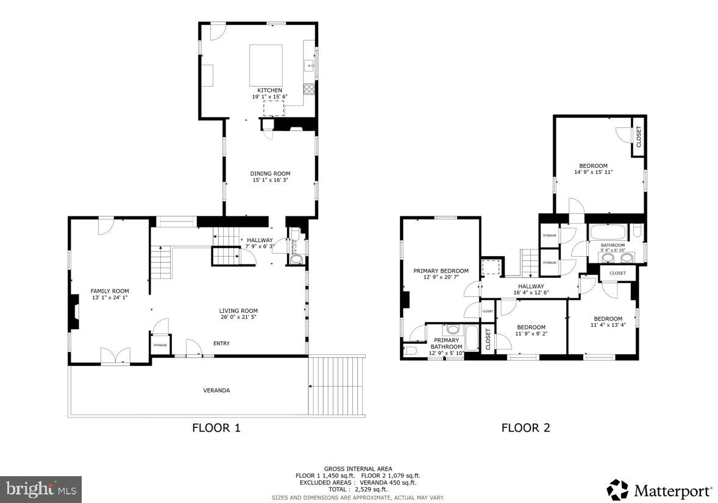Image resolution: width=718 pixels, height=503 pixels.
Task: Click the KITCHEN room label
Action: click(269, 90)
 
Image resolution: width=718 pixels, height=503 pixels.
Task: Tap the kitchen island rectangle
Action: click(266, 65)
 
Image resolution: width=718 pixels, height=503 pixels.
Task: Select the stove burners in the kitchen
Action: click(309, 90)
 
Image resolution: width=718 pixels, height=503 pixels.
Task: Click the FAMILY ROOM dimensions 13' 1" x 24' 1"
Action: click(110, 298)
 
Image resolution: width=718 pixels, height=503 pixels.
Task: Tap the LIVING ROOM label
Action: click(238, 310)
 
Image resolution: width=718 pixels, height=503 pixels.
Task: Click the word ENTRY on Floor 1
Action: click(221, 343)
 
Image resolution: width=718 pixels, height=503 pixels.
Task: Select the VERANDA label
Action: click(216, 390)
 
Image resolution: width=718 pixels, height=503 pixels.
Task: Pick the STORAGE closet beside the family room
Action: click(160, 345)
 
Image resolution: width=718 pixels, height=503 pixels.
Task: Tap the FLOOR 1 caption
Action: click(216, 428)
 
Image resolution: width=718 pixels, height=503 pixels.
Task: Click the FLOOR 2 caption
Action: click(525, 428)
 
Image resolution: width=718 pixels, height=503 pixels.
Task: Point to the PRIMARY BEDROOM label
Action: click(441, 271)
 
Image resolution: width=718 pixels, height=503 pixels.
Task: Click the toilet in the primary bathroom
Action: click(408, 351)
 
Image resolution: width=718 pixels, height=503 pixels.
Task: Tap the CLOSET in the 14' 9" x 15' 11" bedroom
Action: click(638, 137)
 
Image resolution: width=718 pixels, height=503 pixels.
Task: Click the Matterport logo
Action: click(659, 490)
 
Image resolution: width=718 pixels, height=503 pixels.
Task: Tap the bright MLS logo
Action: click(41, 489)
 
